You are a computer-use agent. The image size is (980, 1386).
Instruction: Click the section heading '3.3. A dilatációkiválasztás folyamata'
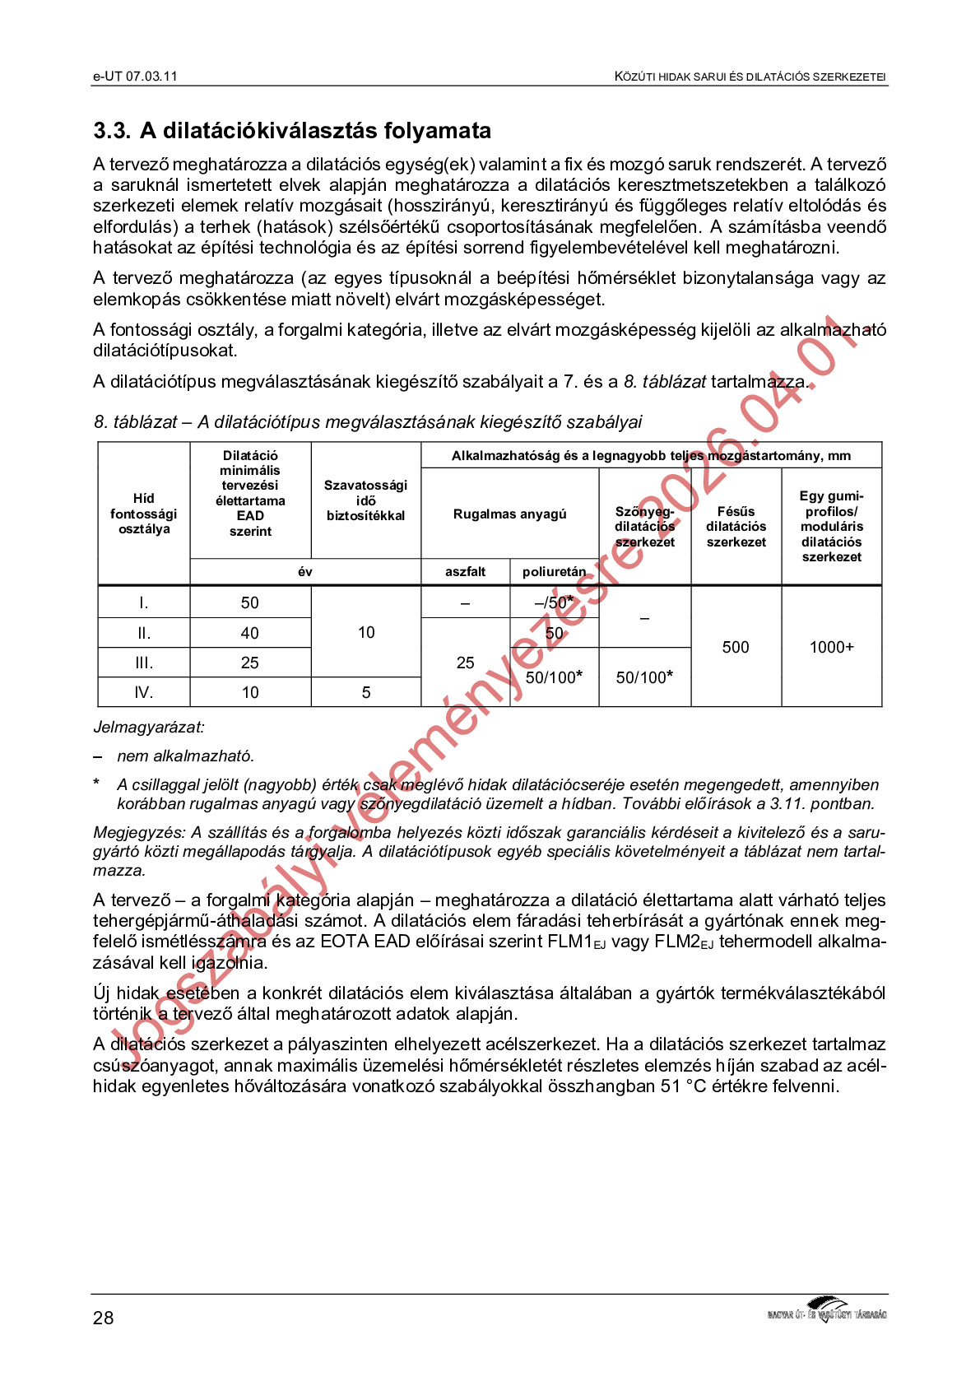[x=292, y=131]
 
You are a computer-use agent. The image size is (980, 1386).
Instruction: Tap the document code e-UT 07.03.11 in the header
[x=135, y=77]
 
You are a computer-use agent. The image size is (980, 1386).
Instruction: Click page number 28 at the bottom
[x=104, y=1318]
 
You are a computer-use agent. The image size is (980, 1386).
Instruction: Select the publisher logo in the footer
[x=826, y=1309]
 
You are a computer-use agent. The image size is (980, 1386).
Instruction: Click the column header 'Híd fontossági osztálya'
[x=144, y=514]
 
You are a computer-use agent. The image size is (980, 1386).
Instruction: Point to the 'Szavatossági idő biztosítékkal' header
[x=366, y=500]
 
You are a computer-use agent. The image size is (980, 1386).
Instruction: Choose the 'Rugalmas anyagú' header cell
[x=509, y=514]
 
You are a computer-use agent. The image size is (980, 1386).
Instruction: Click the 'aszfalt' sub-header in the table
[x=466, y=572]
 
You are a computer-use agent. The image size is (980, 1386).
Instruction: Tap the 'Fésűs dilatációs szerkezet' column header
[x=736, y=527]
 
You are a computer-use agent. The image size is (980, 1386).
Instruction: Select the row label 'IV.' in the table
[x=144, y=693]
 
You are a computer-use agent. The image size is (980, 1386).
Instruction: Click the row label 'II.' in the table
[x=144, y=633]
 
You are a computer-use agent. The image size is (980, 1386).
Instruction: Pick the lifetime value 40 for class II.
[x=250, y=633]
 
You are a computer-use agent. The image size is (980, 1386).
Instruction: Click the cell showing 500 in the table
[x=736, y=648]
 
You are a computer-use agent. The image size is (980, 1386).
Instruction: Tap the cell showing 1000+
[x=831, y=648]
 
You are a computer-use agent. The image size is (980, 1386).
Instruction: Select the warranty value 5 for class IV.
[x=366, y=693]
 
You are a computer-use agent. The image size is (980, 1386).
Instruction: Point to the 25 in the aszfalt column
[x=466, y=663]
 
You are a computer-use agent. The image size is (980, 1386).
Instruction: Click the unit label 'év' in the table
[x=305, y=572]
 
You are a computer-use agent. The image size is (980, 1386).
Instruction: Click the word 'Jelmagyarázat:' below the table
[x=149, y=728]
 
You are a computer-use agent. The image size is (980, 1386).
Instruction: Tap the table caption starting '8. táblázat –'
[x=367, y=422]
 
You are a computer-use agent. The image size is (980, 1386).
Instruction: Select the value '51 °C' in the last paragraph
[x=683, y=1086]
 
